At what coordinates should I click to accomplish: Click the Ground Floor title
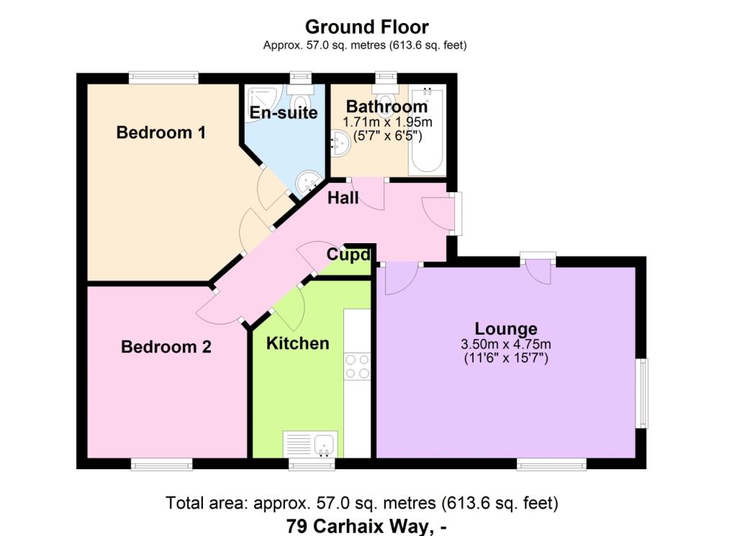(366, 27)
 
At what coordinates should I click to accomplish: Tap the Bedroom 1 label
(161, 132)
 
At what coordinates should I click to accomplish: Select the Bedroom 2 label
(166, 347)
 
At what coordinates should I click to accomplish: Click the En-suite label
(284, 112)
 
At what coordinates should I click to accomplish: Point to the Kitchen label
(298, 343)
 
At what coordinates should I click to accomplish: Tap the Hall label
(343, 197)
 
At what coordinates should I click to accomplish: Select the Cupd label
(348, 254)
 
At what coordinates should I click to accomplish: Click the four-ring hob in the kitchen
(358, 365)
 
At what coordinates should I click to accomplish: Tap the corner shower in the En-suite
(256, 96)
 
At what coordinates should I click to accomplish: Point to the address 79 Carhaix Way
(366, 526)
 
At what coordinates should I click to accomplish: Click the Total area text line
(362, 502)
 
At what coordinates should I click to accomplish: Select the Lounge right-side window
(642, 393)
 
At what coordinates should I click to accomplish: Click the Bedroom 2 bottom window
(161, 464)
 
